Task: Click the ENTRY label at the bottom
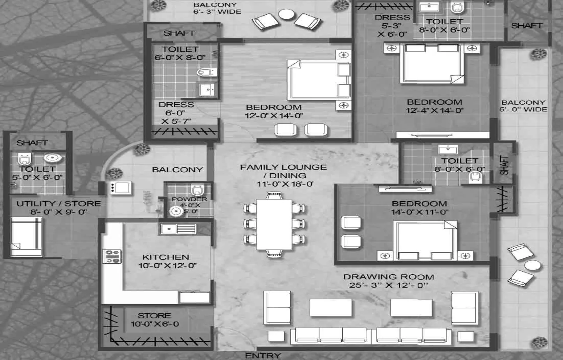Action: (263, 355)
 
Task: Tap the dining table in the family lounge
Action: (274, 224)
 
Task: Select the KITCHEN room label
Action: (166, 257)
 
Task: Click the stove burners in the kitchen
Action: (112, 256)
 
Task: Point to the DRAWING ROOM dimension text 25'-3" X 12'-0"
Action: (388, 285)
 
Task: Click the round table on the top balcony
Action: (287, 14)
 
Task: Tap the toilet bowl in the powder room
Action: (197, 190)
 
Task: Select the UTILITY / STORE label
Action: (59, 204)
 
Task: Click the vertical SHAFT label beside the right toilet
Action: (504, 165)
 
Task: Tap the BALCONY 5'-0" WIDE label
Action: (524, 106)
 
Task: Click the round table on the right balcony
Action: (532, 266)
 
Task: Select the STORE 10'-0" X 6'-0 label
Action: (154, 320)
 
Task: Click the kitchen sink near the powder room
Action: (178, 229)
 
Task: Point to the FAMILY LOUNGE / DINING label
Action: (283, 171)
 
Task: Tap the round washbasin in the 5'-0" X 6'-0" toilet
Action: (52, 158)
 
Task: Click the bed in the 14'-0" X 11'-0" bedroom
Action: (425, 241)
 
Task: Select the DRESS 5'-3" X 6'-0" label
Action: (392, 25)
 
